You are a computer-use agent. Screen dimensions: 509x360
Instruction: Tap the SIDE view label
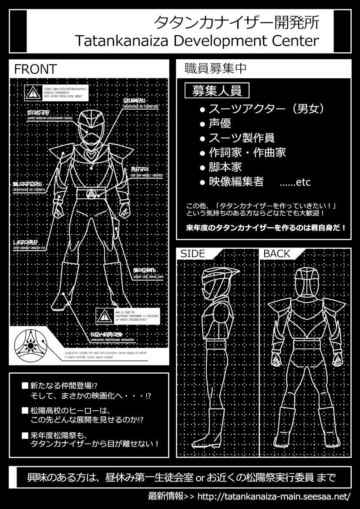click(x=192, y=254)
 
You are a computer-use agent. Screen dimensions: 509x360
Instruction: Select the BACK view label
click(x=277, y=254)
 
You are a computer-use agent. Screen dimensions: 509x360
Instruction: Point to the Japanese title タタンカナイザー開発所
click(x=239, y=23)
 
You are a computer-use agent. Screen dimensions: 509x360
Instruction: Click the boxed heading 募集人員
click(x=217, y=91)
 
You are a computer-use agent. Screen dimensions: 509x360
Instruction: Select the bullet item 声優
click(x=220, y=124)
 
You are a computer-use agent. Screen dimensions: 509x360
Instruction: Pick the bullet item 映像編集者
click(x=236, y=182)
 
